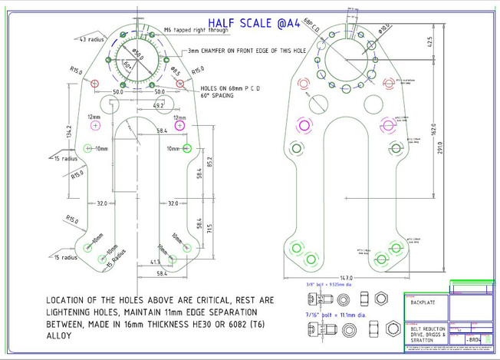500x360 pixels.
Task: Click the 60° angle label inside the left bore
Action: [x=128, y=65]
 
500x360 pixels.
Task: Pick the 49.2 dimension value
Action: [x=159, y=105]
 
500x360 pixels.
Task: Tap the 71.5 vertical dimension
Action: [x=208, y=229]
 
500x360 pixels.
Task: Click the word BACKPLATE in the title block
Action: [x=423, y=302]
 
